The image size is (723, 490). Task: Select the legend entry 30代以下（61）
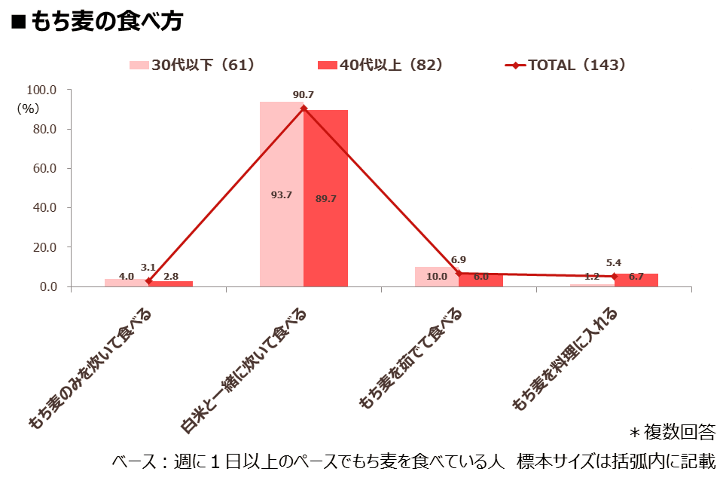(192, 65)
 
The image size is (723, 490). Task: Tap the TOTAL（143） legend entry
(566, 65)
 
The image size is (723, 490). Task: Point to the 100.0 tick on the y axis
(41, 90)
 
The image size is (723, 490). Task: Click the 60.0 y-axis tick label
(44, 168)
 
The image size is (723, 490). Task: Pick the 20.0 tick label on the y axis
(44, 247)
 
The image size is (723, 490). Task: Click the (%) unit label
(28, 109)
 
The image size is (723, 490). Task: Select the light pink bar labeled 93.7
(282, 194)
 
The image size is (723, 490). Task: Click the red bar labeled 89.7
(325, 198)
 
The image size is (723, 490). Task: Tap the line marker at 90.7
(304, 109)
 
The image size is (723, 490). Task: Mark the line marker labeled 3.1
(148, 280)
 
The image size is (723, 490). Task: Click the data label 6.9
(459, 260)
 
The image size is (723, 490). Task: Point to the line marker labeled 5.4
(614, 277)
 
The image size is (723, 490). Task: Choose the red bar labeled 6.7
(636, 280)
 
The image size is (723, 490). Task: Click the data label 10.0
(436, 277)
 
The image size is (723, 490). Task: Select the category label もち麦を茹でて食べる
(410, 358)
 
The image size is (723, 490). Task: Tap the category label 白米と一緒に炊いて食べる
(243, 371)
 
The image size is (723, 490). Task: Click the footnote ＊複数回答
(673, 432)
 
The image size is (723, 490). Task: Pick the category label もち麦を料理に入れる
(564, 359)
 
